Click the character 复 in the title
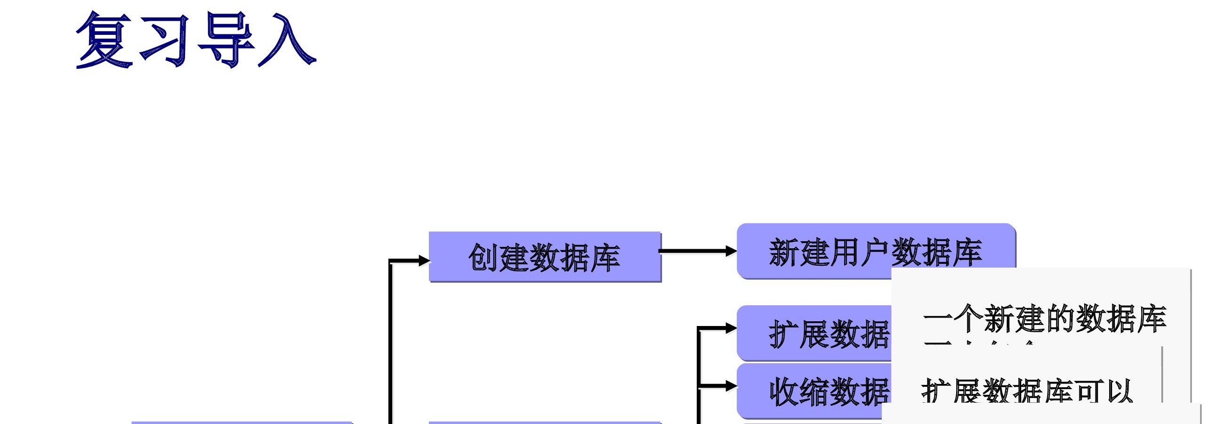pyautogui.click(x=104, y=40)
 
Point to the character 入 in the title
pyautogui.click(x=287, y=40)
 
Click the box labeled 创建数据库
pyautogui.click(x=545, y=257)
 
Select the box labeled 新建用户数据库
pyautogui.click(x=875, y=251)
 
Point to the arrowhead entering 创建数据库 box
pyautogui.click(x=424, y=261)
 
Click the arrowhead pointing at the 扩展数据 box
pyautogui.click(x=731, y=328)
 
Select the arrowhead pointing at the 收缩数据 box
pyautogui.click(x=731, y=386)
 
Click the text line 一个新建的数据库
pyautogui.click(x=1044, y=318)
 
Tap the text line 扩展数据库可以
pyautogui.click(x=1026, y=391)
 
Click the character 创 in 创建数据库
pyautogui.click(x=483, y=258)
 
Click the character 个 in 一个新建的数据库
pyautogui.click(x=967, y=318)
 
